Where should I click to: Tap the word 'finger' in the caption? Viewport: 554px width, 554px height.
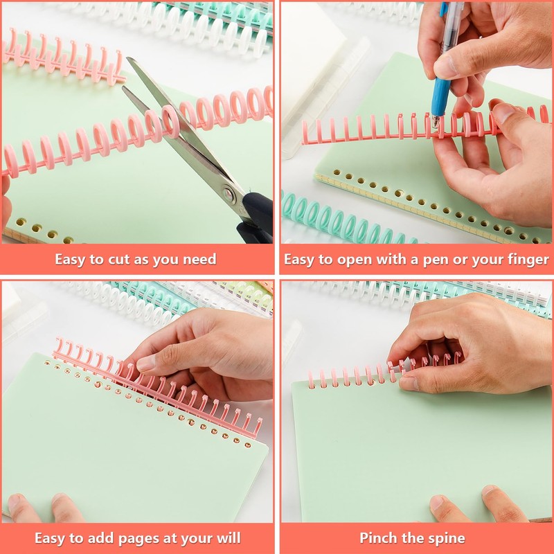coord(527,260)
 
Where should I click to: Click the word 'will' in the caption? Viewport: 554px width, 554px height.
coord(226,538)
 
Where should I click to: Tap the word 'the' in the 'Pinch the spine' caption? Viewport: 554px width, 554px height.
coord(413,538)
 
